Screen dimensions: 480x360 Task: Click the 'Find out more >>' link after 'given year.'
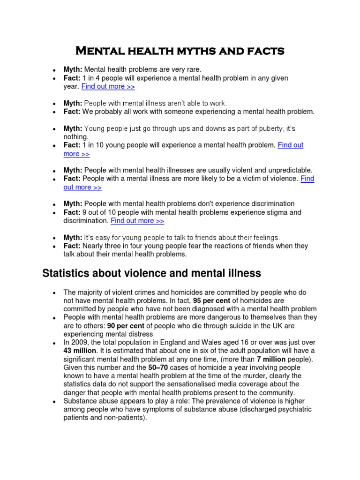point(108,86)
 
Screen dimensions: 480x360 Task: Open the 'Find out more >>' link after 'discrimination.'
point(137,221)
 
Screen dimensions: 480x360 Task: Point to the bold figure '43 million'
point(80,351)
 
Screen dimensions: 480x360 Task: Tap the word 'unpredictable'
point(286,170)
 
